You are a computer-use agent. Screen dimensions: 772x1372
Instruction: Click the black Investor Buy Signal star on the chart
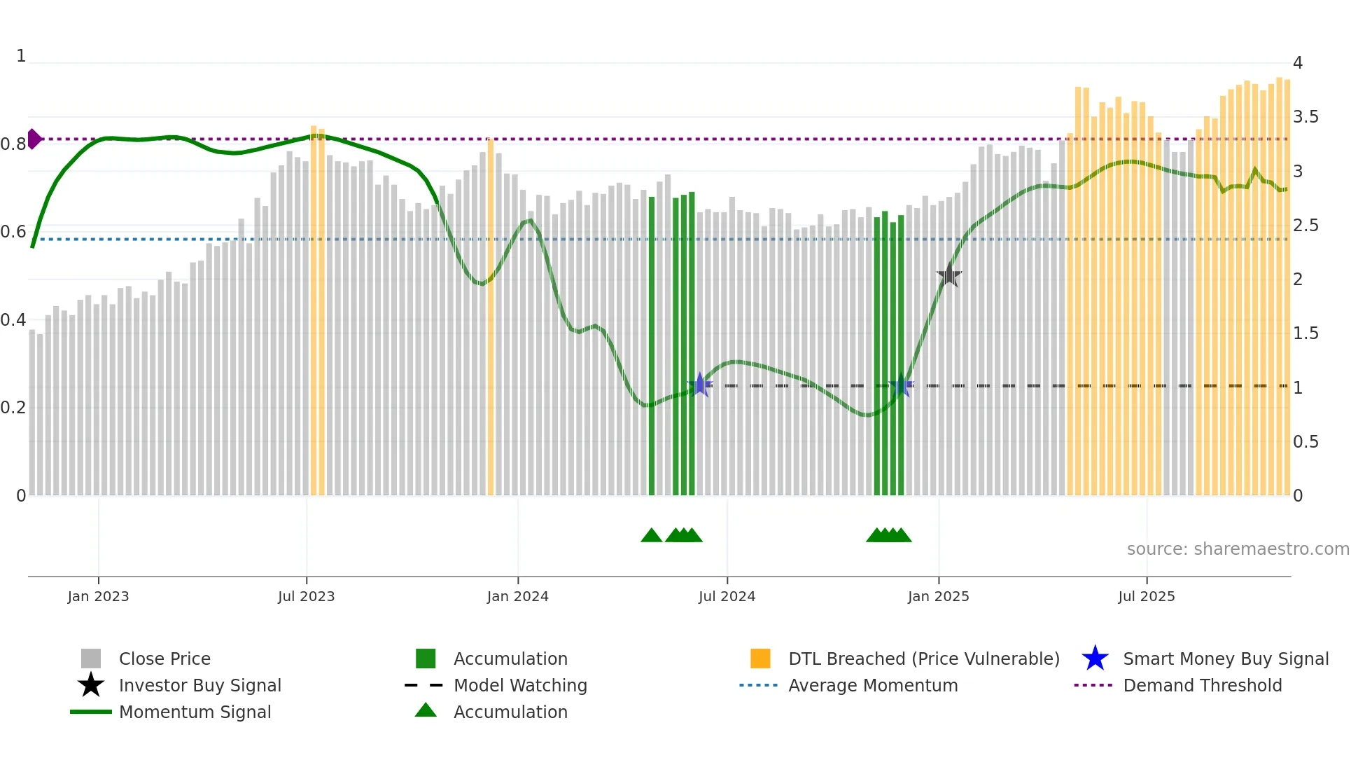(948, 275)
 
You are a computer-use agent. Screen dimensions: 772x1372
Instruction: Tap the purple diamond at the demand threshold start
(34, 139)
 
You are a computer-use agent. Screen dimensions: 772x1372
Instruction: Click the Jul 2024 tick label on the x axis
(727, 596)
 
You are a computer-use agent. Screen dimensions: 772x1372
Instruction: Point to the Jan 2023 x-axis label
(98, 596)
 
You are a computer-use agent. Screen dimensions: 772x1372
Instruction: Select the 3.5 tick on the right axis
(1305, 117)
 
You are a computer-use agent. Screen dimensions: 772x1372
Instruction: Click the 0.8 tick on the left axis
(13, 144)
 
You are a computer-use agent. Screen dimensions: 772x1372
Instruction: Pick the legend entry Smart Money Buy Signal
(1225, 659)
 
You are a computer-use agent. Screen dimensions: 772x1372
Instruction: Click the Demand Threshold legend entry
(1202, 685)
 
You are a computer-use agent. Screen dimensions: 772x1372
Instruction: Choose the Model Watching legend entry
(519, 685)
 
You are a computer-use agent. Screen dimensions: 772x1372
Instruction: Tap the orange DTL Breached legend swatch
(760, 659)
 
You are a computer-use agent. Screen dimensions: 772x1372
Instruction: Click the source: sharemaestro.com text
(1238, 549)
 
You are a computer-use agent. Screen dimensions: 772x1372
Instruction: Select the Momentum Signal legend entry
(195, 712)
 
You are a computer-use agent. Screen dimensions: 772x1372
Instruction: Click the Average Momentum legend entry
(872, 685)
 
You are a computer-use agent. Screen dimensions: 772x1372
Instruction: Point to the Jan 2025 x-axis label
(938, 596)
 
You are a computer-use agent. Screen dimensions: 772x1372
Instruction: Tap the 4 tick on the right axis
(1297, 63)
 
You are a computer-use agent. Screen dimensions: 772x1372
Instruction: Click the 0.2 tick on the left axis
(13, 408)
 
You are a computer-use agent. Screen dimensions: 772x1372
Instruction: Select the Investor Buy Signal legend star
(91, 685)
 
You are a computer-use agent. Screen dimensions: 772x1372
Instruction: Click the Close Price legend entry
(164, 659)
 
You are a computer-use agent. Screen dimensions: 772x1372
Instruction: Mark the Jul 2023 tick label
(306, 596)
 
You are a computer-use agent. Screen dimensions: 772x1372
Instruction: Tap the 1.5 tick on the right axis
(1305, 333)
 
